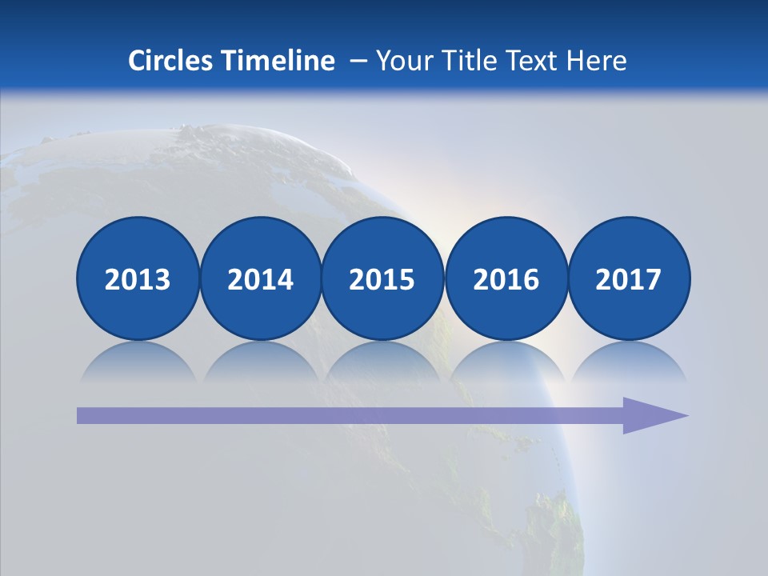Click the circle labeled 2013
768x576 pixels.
[138, 278]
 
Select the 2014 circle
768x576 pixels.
[260, 278]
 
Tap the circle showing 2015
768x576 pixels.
[382, 278]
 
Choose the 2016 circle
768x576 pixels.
[506, 278]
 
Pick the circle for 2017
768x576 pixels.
[628, 278]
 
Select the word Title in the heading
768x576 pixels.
[465, 61]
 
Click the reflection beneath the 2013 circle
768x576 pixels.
[138, 360]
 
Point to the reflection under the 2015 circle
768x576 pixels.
[382, 360]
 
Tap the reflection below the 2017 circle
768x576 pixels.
[628, 360]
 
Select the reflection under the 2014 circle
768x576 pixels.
[260, 360]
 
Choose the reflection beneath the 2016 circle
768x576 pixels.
[506, 360]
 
